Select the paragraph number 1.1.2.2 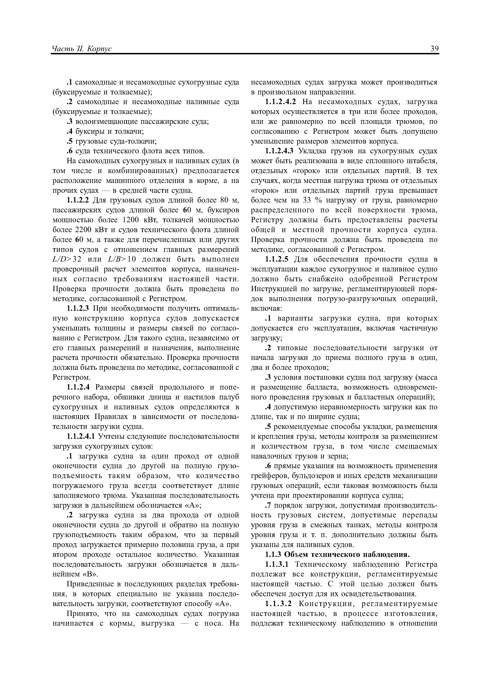pos(78,201)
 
